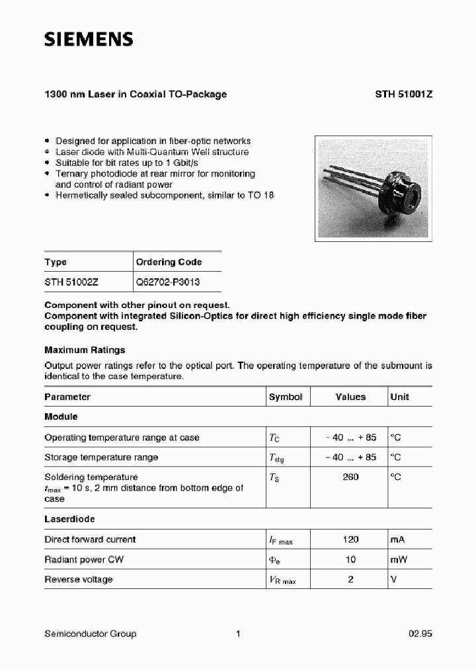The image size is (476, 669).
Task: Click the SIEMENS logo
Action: tap(89, 40)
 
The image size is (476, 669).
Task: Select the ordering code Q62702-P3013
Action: tap(168, 282)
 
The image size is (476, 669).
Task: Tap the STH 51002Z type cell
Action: tap(71, 282)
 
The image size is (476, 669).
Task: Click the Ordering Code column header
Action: tap(169, 262)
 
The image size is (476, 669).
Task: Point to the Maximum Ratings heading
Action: tap(85, 350)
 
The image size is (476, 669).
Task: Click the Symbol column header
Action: tap(285, 397)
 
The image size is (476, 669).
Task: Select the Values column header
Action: tap(350, 397)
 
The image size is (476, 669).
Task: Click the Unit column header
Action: tap(399, 397)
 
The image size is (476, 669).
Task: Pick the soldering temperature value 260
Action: tap(350, 477)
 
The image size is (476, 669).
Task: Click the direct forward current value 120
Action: tap(350, 539)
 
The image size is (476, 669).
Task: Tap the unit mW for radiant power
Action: tap(399, 559)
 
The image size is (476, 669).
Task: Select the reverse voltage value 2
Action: tap(350, 579)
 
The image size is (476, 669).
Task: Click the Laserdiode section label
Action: tap(70, 520)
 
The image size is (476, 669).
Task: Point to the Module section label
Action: tap(61, 417)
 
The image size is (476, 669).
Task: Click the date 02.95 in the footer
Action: tap(420, 633)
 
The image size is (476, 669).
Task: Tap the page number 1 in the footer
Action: tap(237, 633)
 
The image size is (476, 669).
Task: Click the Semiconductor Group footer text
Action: tap(90, 633)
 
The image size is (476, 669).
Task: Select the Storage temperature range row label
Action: tap(101, 457)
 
